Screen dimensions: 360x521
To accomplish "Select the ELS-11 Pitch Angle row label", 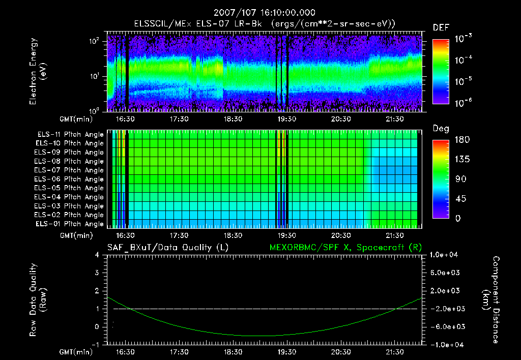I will [70, 135].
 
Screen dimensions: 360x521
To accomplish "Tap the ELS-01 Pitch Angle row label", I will [70, 224].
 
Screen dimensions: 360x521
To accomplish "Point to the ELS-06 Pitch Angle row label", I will [70, 179].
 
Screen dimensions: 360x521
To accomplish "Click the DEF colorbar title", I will [441, 28].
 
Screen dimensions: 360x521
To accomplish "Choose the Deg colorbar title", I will [441, 129].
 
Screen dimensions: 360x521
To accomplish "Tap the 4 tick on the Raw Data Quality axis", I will [98, 255].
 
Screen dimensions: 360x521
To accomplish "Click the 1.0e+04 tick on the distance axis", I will [445, 255].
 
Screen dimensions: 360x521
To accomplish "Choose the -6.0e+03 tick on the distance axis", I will [445, 327].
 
